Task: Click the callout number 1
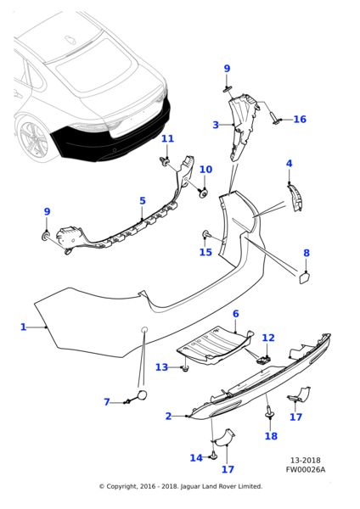coord(23,327)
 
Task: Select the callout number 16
coord(300,119)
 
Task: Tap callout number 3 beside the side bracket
coord(216,125)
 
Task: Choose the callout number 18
coord(271,436)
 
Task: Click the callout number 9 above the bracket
coord(227,69)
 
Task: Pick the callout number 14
coord(196,458)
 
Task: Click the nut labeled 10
coord(204,193)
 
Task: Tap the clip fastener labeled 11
coord(166,160)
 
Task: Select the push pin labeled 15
coord(206,234)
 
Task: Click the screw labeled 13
coord(186,368)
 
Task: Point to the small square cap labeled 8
coord(303,278)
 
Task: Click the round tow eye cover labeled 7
coord(143,394)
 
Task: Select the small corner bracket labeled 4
coord(295,198)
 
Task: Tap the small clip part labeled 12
coord(263,360)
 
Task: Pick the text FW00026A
coord(306,469)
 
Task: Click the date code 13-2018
coord(306,461)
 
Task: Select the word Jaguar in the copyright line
coord(190,487)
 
